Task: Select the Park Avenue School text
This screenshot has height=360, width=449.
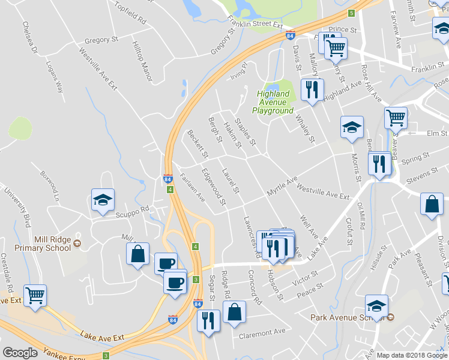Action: click(x=347, y=317)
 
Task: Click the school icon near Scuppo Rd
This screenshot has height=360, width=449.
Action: click(x=103, y=199)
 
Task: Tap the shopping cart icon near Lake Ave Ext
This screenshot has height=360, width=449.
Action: click(x=35, y=295)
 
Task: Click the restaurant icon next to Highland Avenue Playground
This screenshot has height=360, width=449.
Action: click(x=312, y=89)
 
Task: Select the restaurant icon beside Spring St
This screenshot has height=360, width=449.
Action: click(x=379, y=163)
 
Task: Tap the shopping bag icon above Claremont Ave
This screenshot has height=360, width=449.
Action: click(x=234, y=311)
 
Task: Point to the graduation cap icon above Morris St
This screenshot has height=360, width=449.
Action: click(x=352, y=127)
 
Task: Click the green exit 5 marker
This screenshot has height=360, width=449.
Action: click(x=351, y=13)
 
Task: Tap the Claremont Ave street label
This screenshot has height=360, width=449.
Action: click(x=262, y=332)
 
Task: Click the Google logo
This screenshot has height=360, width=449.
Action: click(x=20, y=353)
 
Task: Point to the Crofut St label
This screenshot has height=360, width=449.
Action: click(x=348, y=231)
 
